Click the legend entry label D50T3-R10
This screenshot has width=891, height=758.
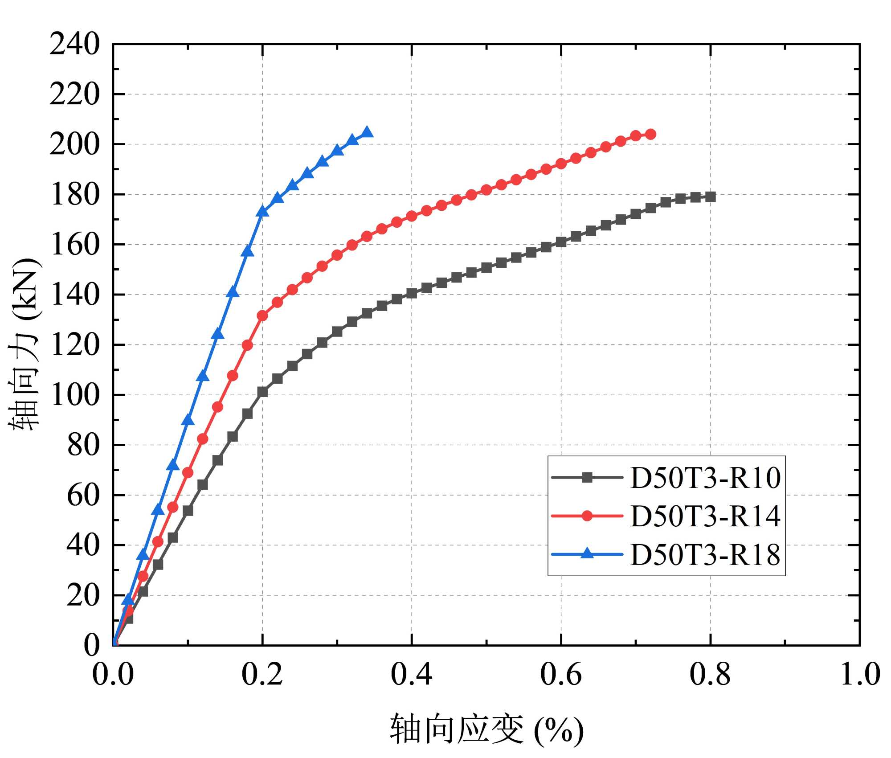(x=705, y=478)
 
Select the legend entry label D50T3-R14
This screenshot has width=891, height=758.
(x=705, y=516)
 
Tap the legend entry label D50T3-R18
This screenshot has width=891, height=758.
(x=705, y=555)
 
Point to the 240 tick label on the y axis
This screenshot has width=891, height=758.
(x=74, y=44)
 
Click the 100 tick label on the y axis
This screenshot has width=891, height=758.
(x=74, y=395)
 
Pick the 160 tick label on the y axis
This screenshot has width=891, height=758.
(x=74, y=245)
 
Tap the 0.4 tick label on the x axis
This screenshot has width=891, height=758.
(x=411, y=674)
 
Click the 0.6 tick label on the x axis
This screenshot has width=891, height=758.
(x=561, y=674)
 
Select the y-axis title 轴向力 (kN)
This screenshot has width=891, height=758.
(x=25, y=344)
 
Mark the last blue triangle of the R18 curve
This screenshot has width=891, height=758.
(x=367, y=132)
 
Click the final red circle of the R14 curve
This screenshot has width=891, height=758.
(x=650, y=134)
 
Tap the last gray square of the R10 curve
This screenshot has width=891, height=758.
(x=711, y=197)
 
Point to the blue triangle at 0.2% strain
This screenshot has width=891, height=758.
(x=262, y=211)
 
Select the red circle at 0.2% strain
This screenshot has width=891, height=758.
(x=262, y=316)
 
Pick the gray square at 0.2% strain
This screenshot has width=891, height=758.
(x=262, y=392)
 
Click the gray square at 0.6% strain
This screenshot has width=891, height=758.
(x=561, y=242)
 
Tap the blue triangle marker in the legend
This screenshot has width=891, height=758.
(x=587, y=554)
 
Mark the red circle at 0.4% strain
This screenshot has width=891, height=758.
(x=412, y=216)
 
